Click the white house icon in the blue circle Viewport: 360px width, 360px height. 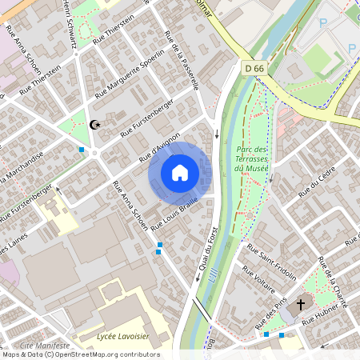(x=180, y=173)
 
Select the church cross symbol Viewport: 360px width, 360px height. (x=302, y=304)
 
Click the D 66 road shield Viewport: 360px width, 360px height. (x=254, y=69)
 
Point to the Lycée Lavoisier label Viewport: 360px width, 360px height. (x=122, y=337)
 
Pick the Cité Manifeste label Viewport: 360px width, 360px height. (x=44, y=345)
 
